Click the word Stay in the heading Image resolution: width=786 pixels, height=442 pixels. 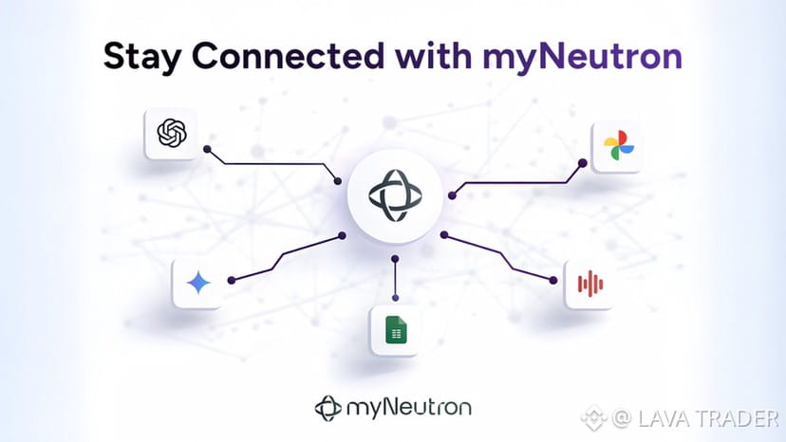(140, 56)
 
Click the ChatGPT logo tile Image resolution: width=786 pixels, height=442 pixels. (170, 133)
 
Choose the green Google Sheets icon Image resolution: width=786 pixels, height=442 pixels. (395, 329)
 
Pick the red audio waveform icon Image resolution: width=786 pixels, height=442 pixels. (589, 283)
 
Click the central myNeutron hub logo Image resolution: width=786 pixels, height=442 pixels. (393, 193)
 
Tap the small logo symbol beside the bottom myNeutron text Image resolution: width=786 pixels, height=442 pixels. (327, 409)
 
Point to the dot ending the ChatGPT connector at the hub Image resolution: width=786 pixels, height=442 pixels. (339, 180)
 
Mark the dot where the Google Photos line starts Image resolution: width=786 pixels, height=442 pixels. (451, 195)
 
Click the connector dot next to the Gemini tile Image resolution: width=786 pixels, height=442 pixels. (231, 279)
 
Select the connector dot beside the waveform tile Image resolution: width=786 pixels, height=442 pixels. (552, 279)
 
